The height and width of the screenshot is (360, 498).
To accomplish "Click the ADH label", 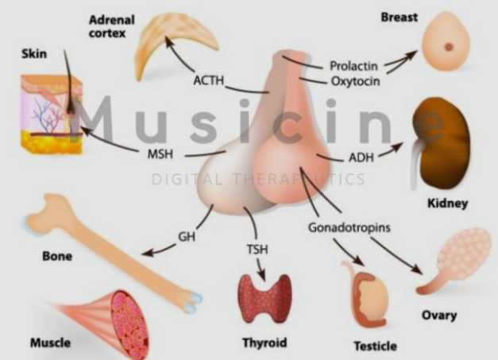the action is click(x=361, y=155).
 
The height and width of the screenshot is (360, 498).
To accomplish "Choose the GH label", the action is click(x=187, y=236).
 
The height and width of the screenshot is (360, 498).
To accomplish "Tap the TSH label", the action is click(x=257, y=250).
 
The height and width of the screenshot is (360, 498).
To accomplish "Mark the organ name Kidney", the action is click(x=446, y=204).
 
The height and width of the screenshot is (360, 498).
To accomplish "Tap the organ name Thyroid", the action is click(x=264, y=343).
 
